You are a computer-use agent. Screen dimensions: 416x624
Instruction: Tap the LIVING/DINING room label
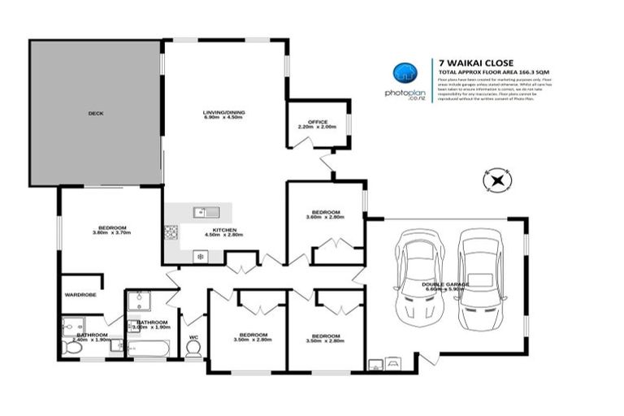click(x=223, y=113)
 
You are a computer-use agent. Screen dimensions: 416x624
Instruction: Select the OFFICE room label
click(x=317, y=123)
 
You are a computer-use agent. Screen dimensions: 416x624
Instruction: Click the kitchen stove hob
click(x=171, y=232)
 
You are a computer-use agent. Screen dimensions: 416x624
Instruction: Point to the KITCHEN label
click(x=224, y=231)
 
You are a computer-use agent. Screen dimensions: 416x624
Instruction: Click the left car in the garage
click(x=418, y=275)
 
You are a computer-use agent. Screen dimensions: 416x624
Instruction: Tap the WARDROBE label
click(x=80, y=294)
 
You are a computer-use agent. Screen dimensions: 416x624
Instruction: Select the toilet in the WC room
click(x=193, y=348)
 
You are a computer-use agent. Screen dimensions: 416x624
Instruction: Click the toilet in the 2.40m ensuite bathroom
click(x=72, y=347)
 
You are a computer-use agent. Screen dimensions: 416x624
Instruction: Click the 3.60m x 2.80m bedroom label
click(x=325, y=213)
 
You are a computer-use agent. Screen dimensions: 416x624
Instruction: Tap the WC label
click(x=193, y=336)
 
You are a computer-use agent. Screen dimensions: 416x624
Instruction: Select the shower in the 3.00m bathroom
click(x=138, y=303)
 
